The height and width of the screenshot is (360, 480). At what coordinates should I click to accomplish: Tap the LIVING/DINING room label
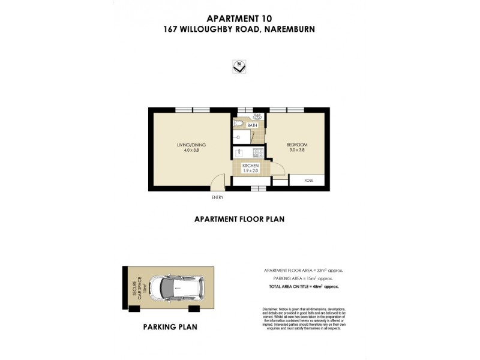click(x=188, y=148)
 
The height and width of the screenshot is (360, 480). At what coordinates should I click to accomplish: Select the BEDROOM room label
click(x=297, y=148)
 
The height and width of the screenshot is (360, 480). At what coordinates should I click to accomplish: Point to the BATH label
click(x=253, y=125)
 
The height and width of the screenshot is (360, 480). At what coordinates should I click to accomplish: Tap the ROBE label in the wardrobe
click(x=308, y=179)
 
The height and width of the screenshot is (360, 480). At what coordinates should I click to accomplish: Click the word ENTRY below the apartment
click(x=217, y=197)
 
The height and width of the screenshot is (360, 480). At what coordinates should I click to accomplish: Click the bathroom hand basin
click(x=258, y=116)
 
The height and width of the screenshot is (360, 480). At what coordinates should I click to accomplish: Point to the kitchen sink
click(x=238, y=152)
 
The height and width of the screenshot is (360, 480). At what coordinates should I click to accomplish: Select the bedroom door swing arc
click(x=277, y=168)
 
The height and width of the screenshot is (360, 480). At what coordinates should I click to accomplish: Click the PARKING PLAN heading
click(x=170, y=327)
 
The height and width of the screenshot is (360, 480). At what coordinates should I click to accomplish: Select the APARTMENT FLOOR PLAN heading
click(x=239, y=220)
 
